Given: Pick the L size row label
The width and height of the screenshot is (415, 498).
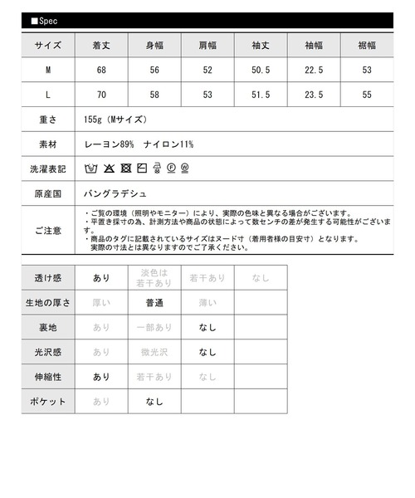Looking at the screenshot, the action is pyautogui.click(x=48, y=95).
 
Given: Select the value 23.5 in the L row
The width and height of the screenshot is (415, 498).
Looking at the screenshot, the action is pyautogui.click(x=313, y=95).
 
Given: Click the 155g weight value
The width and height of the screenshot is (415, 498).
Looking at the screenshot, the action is pyautogui.click(x=116, y=120).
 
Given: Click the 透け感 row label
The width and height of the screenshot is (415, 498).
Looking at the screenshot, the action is pyautogui.click(x=48, y=278).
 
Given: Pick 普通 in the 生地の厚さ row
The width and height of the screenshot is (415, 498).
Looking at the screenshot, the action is pyautogui.click(x=154, y=303).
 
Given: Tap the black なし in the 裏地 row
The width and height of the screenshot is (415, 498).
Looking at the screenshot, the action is pyautogui.click(x=207, y=328).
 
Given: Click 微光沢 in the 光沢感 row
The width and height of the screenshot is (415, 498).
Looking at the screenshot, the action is pyautogui.click(x=154, y=352).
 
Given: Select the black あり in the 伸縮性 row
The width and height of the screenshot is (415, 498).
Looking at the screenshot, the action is pyautogui.click(x=101, y=377).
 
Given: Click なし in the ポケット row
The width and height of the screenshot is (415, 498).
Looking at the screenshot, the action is pyautogui.click(x=154, y=402).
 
